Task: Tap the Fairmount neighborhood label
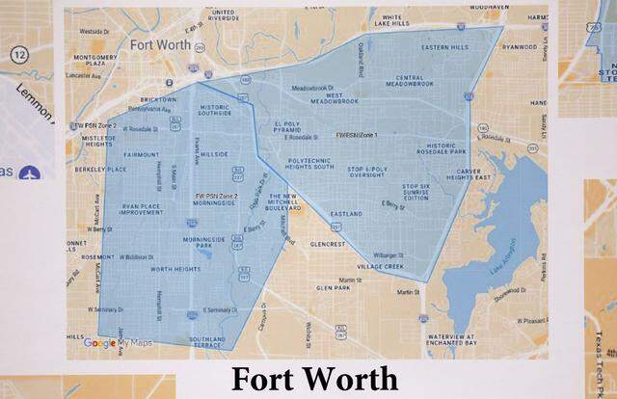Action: pyautogui.click(x=142, y=154)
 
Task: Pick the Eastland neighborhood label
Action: pyautogui.click(x=344, y=213)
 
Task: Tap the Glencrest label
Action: pyautogui.click(x=329, y=245)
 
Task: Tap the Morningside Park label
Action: pyautogui.click(x=211, y=244)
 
